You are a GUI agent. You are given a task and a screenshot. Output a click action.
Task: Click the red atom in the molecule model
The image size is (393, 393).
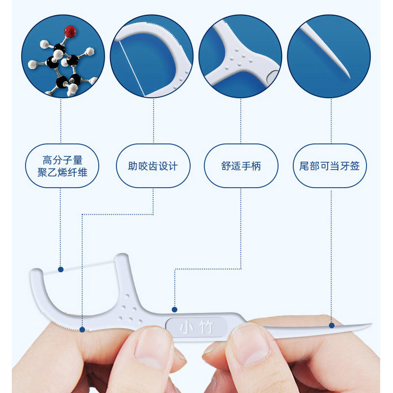click(x=70, y=31)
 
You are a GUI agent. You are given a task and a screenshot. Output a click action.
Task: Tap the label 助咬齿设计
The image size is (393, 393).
click(x=153, y=166)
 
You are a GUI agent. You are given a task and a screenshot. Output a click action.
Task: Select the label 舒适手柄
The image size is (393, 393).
click(x=241, y=166)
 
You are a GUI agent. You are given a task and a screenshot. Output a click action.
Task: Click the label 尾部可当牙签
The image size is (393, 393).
click(x=330, y=166)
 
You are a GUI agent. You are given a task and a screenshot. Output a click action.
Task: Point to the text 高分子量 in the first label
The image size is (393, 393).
click(x=62, y=160)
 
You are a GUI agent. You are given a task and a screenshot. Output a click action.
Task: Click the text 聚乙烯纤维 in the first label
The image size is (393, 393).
click(x=62, y=172)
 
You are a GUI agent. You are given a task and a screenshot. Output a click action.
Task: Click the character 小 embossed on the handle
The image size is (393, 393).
click(x=186, y=327)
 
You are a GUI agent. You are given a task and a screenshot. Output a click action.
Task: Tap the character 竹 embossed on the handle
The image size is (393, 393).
click(x=206, y=327)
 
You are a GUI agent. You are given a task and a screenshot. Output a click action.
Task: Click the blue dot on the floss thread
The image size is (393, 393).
click(x=60, y=269)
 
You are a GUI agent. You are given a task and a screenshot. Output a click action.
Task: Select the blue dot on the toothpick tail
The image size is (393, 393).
click(x=332, y=325)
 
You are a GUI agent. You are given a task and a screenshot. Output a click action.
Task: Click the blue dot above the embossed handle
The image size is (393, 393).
click(x=175, y=309)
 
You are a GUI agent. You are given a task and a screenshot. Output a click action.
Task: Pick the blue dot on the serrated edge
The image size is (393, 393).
click(x=82, y=330)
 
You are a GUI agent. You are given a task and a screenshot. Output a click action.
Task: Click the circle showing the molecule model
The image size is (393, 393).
click(x=63, y=56)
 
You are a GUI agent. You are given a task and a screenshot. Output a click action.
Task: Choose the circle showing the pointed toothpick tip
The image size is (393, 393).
click(x=329, y=56)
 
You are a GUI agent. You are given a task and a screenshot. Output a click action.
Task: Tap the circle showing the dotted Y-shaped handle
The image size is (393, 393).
click(x=240, y=56)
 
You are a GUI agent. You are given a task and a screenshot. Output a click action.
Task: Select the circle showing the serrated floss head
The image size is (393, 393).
click(x=152, y=56)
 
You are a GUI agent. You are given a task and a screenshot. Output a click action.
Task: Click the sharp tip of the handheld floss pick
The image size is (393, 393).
click(x=372, y=324)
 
